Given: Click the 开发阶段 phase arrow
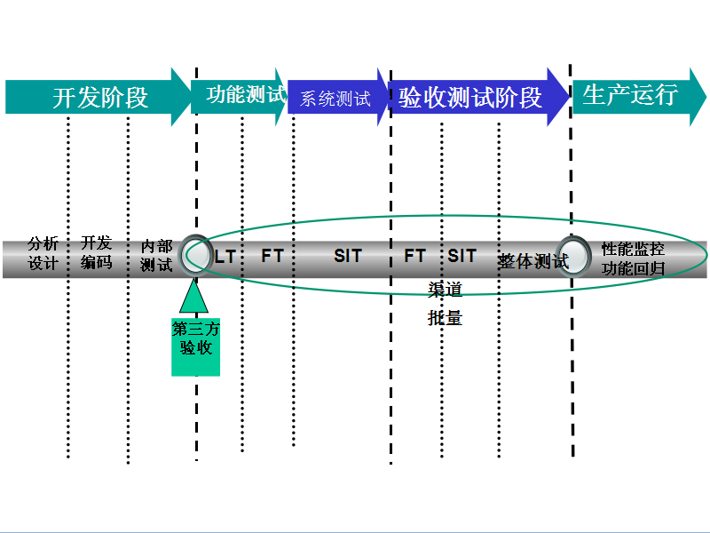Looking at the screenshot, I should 98,97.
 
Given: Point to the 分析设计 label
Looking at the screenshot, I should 43,253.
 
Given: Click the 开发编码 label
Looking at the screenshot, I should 97,252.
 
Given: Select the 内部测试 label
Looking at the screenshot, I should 156,255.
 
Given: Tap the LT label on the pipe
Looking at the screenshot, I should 225,257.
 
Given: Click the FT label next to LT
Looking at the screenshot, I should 272,256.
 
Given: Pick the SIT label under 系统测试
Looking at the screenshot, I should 348,256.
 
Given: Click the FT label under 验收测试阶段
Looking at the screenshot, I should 414,256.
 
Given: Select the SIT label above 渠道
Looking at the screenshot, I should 461,256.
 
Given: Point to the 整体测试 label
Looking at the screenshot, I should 532,261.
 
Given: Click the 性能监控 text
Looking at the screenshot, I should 633,250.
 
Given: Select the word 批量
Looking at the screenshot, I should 445,317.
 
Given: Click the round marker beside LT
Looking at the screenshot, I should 195,255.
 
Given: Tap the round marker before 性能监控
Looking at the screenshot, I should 573,256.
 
